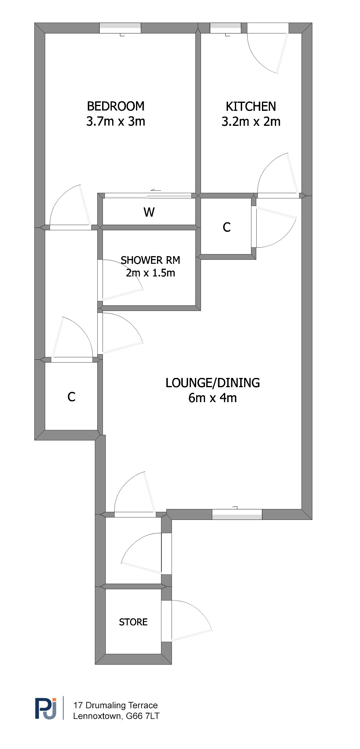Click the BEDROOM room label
point(116,106)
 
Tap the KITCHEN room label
point(251,106)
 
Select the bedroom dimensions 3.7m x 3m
point(116,121)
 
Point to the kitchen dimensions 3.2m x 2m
point(251,122)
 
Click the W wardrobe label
point(149,212)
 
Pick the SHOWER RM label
point(151,260)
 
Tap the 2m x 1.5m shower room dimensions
point(151,273)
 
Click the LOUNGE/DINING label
point(213,383)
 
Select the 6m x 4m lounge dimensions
point(213,398)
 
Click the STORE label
point(133,622)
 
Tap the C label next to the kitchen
point(227,227)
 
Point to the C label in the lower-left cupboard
point(71,397)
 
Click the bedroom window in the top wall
point(120,28)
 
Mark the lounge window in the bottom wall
point(237,514)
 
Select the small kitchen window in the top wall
point(226,28)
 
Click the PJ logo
point(46,708)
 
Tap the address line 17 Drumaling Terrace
point(115,705)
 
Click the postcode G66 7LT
point(143,716)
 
